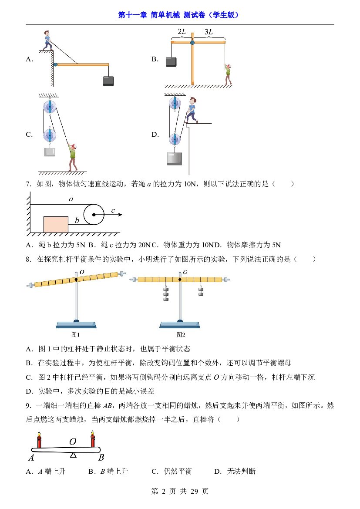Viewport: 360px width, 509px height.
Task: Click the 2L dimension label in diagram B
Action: [182, 32]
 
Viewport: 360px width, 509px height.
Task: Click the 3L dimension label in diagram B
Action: [209, 32]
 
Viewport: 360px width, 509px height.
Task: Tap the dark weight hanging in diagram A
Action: [108, 81]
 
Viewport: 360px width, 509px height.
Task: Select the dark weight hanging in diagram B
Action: [171, 62]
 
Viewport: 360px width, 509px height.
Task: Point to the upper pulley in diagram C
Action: [50, 107]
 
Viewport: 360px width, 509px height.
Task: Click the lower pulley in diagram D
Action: [175, 139]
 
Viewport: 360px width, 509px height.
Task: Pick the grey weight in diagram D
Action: [175, 158]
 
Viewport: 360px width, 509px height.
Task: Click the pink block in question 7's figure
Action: [56, 225]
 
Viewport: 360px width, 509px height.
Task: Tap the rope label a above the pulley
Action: [71, 199]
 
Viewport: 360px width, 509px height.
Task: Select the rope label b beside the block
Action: [77, 220]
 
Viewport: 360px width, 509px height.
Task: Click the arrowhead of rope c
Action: [120, 215]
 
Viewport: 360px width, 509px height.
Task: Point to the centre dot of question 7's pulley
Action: [94, 215]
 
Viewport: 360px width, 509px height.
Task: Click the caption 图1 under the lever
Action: [75, 334]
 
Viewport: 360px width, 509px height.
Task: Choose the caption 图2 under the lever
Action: [181, 334]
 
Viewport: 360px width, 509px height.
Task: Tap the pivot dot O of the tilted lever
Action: [76, 279]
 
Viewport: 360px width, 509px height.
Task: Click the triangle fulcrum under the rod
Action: [74, 455]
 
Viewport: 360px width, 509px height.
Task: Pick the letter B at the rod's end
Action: [101, 457]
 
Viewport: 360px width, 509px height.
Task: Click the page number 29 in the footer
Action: [194, 491]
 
